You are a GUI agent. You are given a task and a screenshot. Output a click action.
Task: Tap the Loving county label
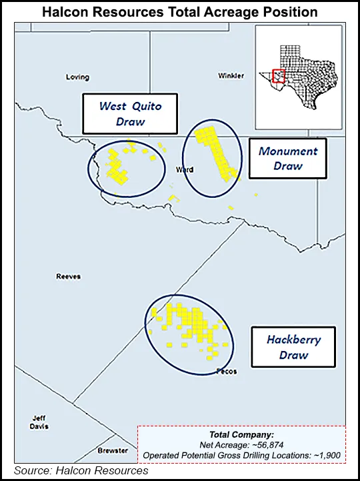(77, 77)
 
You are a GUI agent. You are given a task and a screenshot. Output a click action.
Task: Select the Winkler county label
(231, 76)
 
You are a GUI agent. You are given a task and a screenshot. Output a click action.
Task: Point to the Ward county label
(185, 170)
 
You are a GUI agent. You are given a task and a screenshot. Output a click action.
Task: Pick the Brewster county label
(113, 451)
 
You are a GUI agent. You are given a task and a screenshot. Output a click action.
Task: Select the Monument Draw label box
(287, 159)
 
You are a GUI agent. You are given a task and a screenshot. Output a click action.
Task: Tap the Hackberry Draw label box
(293, 347)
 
